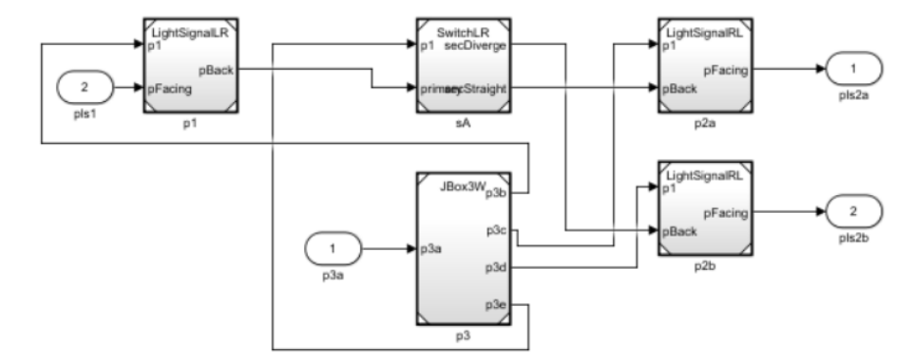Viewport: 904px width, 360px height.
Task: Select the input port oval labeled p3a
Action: tap(331, 248)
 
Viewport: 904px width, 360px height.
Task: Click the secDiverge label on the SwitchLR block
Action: tap(478, 45)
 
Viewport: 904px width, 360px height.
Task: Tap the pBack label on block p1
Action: tap(216, 70)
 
